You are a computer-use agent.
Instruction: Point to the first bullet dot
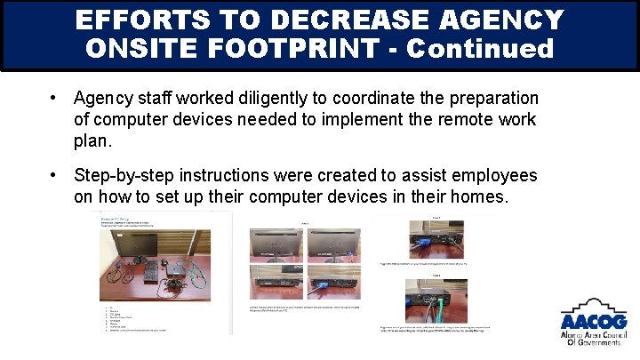click(54, 97)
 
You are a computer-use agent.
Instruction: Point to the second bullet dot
click(54, 175)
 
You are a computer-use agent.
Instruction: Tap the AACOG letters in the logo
click(593, 322)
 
